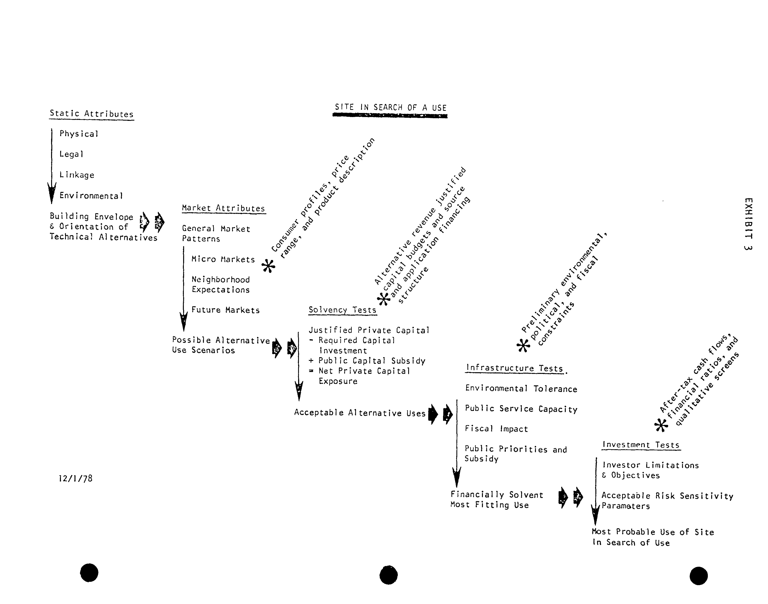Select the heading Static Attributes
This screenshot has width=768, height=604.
click(92, 114)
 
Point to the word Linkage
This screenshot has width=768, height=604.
click(77, 175)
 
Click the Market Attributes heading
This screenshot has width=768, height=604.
click(223, 208)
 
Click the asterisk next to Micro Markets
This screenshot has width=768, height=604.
click(268, 266)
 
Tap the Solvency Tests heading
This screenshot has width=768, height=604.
click(342, 310)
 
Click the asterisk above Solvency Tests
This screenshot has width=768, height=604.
click(384, 299)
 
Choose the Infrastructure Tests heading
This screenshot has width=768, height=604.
click(514, 368)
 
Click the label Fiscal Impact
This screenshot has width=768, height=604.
click(496, 429)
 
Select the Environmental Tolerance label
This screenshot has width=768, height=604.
click(521, 389)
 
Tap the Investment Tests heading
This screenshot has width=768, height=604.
click(641, 445)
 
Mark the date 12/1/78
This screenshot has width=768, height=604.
click(76, 478)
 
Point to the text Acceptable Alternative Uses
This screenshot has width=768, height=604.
click(360, 413)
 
